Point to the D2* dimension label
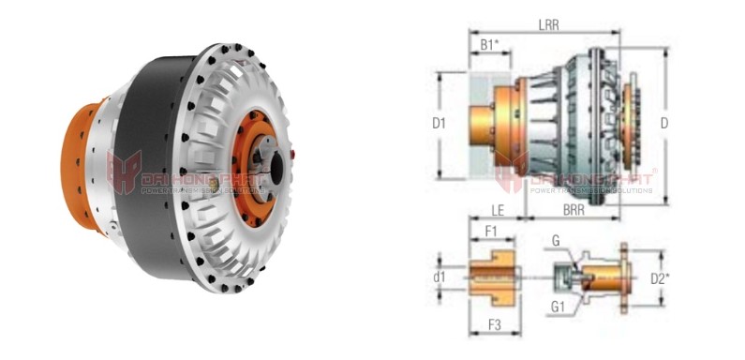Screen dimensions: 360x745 tap(686, 277)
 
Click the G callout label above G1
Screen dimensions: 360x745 tap(556, 241)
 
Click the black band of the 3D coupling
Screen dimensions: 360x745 tap(145, 159)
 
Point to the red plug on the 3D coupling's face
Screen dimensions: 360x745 tap(296, 150)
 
